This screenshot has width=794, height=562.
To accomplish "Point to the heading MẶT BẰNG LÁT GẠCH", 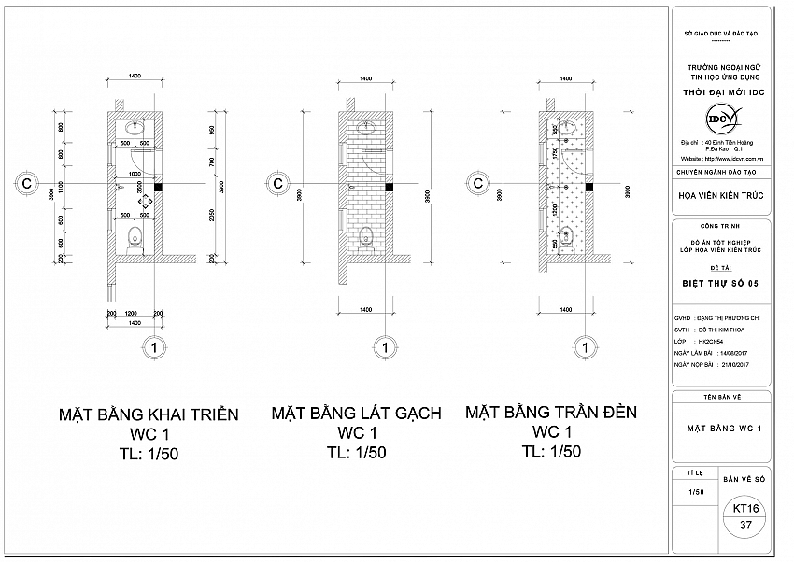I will tap(356, 414).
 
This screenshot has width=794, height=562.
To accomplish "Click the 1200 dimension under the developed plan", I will tap(133, 313).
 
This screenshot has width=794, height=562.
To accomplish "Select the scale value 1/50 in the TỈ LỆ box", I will tap(696, 492).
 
